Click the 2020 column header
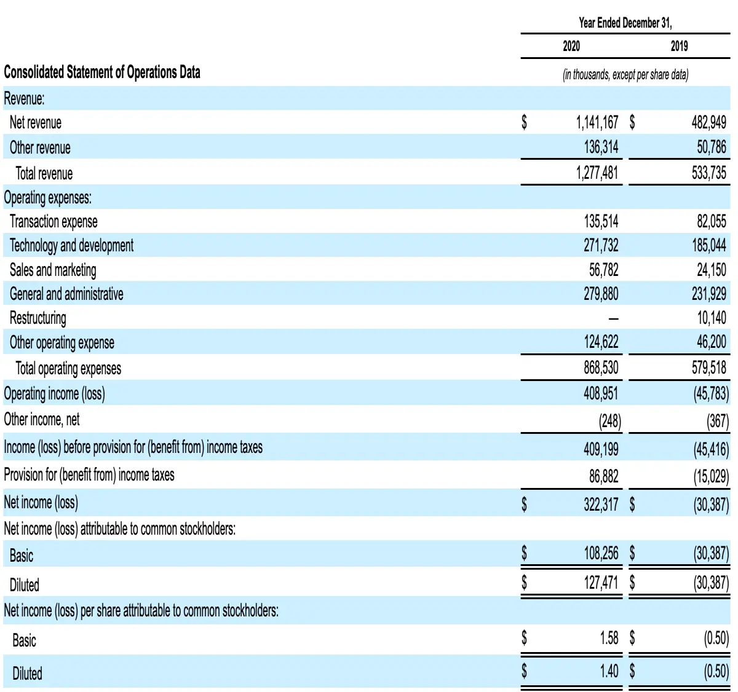(571, 46)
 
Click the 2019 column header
(680, 46)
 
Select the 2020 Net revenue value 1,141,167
(597, 122)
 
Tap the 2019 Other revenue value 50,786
(711, 147)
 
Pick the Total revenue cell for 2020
(597, 173)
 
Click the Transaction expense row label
(54, 222)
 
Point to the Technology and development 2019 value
(709, 245)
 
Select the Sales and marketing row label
(53, 270)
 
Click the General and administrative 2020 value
(601, 294)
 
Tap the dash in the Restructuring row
(614, 319)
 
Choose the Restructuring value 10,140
(711, 318)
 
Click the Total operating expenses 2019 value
(709, 368)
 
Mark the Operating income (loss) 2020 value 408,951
(601, 393)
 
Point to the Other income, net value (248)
(610, 421)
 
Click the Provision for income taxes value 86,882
(604, 476)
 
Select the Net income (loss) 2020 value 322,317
(601, 504)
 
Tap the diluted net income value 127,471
(601, 583)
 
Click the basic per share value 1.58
(609, 638)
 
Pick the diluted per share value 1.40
(609, 671)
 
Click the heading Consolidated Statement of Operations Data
(102, 72)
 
